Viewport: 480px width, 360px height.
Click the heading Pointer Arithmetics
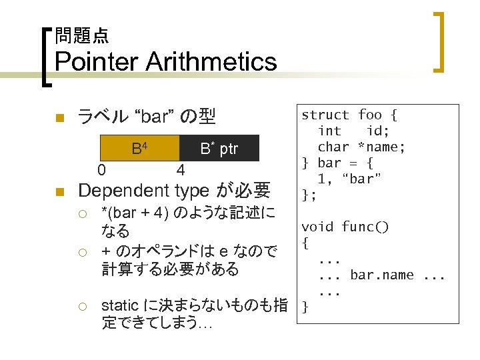tap(165, 62)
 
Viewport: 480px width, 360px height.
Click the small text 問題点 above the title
tap(81, 35)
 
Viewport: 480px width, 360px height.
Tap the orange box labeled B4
tap(139, 149)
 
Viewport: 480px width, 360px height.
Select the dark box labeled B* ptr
tap(219, 149)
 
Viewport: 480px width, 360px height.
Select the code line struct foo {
tap(349, 115)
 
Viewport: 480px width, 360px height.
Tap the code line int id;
tap(353, 131)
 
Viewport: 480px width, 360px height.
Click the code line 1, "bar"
tap(349, 179)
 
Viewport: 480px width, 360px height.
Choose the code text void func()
tap(345, 227)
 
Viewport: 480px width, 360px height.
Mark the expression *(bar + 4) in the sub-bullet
tap(135, 214)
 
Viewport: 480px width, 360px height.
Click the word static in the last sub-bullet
tap(119, 306)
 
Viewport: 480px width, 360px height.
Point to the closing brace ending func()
tap(305, 307)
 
